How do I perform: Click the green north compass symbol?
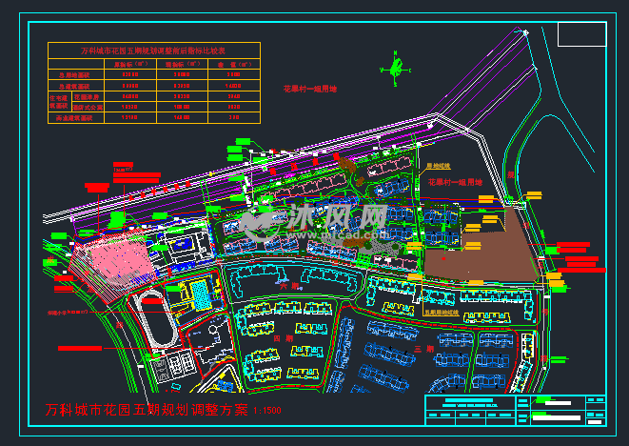390,68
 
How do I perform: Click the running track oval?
153,316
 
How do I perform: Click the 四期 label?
279,338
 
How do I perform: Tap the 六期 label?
289,284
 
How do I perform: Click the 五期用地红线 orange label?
441,311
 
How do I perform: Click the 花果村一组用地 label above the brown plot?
455,181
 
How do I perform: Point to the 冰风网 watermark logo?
314,221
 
